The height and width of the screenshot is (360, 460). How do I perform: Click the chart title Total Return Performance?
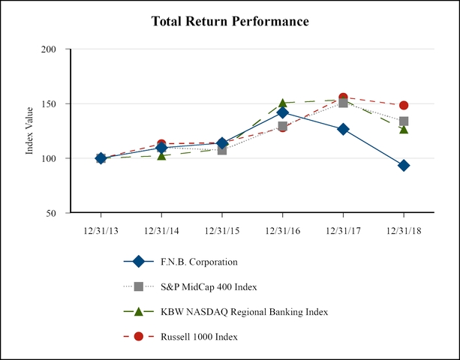[230, 21]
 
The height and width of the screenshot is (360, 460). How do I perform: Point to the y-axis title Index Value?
[30, 132]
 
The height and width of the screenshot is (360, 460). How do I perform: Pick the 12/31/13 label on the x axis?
[101, 230]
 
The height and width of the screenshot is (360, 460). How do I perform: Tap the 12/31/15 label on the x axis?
[222, 230]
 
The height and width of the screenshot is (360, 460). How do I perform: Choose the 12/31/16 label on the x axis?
[283, 230]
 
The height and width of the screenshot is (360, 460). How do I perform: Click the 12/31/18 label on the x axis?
[404, 230]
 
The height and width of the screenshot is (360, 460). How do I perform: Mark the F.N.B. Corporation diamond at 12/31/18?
[404, 166]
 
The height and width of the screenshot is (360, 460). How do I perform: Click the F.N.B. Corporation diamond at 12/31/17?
[343, 129]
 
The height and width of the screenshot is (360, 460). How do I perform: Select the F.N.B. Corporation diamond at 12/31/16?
[282, 112]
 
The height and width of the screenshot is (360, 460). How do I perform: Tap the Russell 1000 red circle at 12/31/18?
[404, 106]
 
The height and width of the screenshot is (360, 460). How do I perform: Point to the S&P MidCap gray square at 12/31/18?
[404, 121]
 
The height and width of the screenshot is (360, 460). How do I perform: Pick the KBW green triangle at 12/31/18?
[404, 129]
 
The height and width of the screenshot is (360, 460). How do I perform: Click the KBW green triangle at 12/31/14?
[161, 155]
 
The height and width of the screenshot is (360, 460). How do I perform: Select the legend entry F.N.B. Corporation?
[199, 262]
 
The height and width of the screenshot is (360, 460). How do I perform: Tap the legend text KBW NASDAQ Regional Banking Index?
[244, 311]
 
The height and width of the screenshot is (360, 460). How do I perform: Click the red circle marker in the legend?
[138, 336]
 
